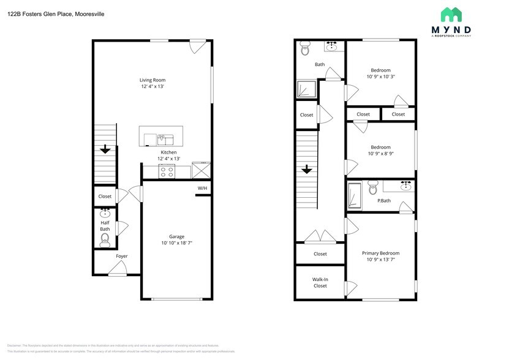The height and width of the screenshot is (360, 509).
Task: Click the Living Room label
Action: point(153,80)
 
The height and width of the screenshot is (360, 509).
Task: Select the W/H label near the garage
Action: point(202,188)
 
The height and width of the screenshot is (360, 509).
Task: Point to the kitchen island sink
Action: point(162,138)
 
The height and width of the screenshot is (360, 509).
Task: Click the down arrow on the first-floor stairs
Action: point(105,149)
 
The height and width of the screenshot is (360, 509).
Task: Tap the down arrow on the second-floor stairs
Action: point(306,170)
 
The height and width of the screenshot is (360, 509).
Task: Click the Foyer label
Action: point(105,256)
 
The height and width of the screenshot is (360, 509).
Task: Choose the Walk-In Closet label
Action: point(320,282)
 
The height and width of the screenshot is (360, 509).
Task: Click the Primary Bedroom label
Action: point(380,253)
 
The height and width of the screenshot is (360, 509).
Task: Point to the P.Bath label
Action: point(384,201)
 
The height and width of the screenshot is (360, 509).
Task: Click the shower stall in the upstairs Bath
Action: point(306,90)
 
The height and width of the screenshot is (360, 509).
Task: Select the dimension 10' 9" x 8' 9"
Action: point(380,154)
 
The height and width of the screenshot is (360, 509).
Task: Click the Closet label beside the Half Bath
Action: point(105,197)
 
